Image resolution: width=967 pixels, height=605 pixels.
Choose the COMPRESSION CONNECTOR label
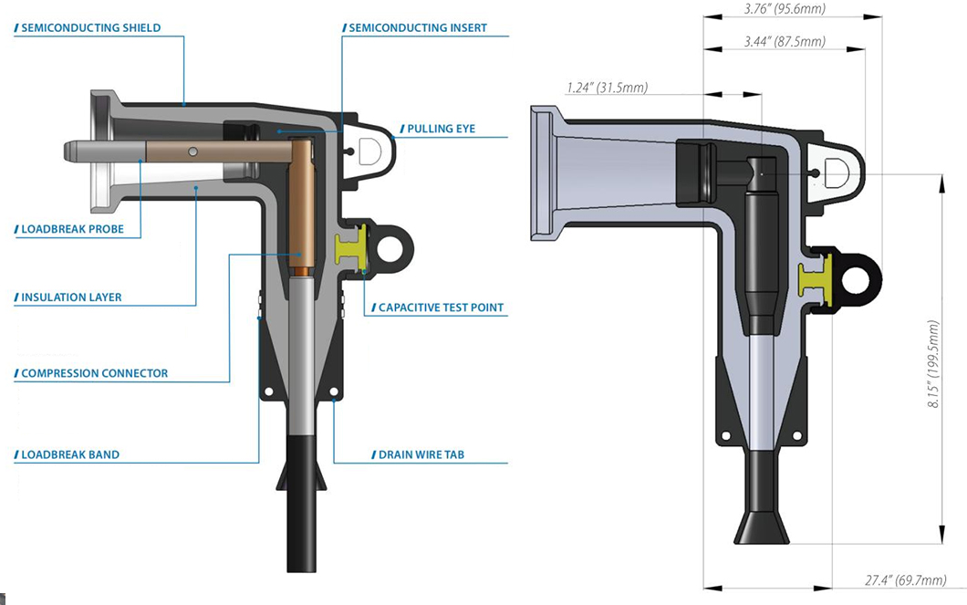coord(94,373)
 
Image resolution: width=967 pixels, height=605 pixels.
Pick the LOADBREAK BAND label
coord(71,454)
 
